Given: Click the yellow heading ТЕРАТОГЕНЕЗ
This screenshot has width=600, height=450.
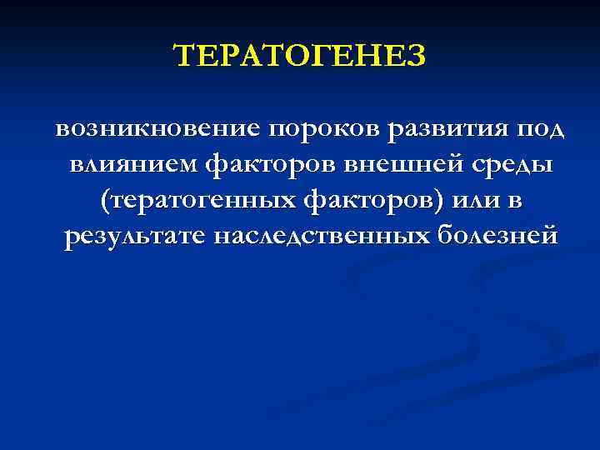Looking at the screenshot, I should [299, 57].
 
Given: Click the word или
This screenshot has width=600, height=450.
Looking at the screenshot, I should [471, 201].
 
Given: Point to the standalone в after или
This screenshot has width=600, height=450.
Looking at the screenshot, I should [517, 202].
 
